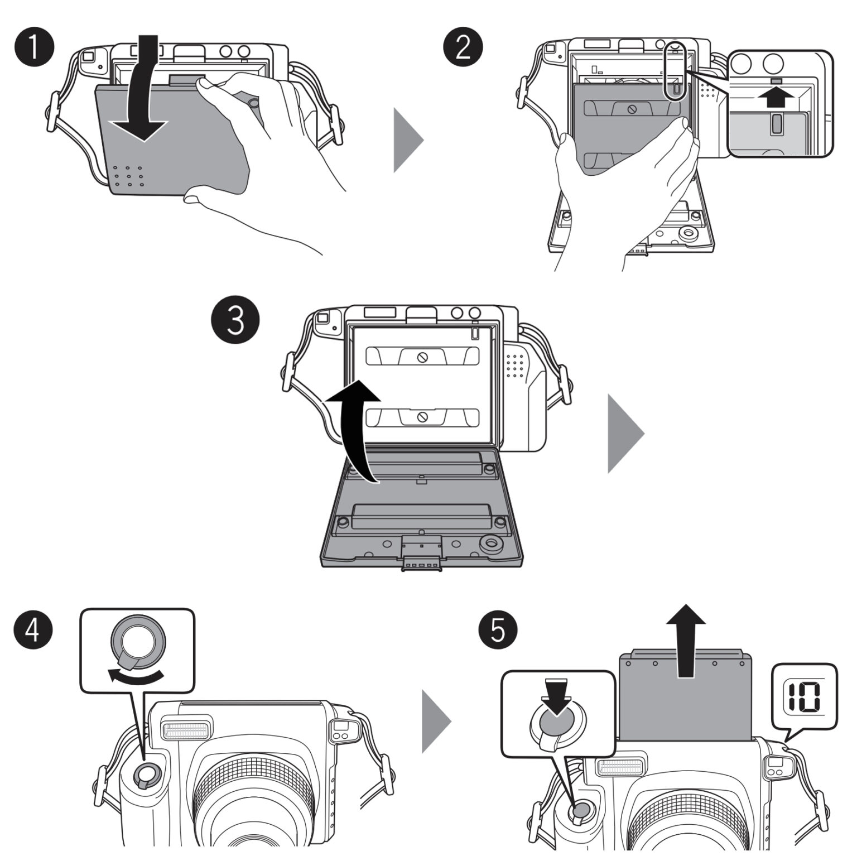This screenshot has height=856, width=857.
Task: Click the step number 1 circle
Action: tap(34, 47)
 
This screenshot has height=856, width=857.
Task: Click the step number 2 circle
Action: tap(463, 47)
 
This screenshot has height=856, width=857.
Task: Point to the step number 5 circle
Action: tap(498, 629)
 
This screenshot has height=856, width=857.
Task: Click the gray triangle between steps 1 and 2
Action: tap(407, 140)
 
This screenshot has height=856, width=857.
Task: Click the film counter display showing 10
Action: tap(804, 697)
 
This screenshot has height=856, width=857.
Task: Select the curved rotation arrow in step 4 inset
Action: tap(137, 676)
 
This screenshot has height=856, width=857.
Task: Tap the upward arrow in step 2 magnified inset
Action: tap(775, 98)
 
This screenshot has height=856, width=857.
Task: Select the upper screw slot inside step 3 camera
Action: tap(422, 357)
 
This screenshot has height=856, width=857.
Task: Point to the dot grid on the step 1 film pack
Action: tap(128, 176)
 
